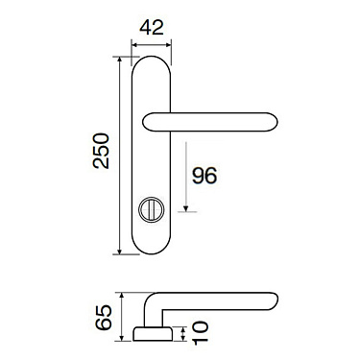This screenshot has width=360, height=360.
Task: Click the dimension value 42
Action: click(149, 29)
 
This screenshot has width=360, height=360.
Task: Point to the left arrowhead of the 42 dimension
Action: click(133, 44)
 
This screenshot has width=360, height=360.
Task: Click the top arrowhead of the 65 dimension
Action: click(121, 295)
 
